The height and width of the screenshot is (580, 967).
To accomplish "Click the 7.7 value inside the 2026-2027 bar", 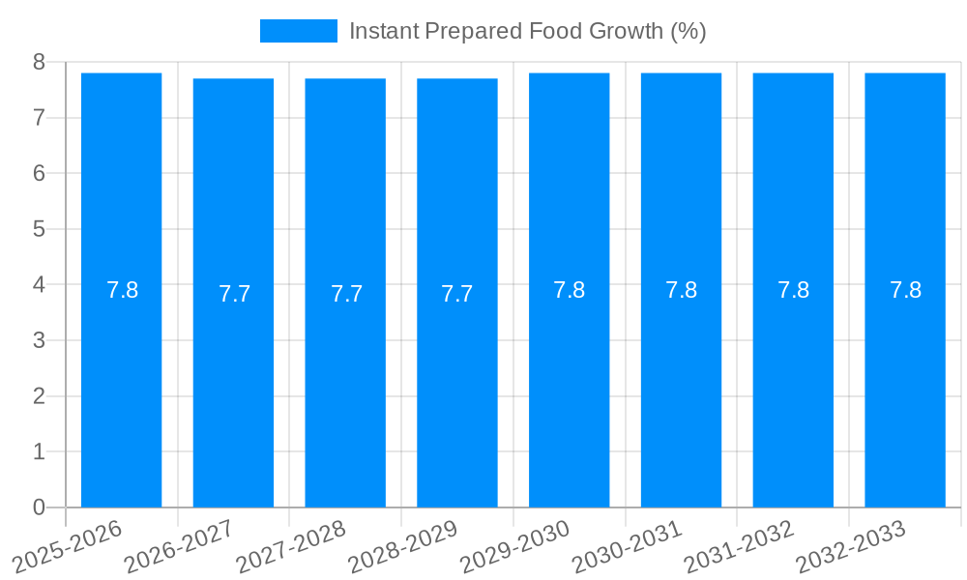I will (x=234, y=294).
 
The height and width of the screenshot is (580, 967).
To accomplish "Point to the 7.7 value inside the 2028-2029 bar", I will (x=457, y=294).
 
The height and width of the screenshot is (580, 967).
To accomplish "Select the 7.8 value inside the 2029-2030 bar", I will (x=569, y=290).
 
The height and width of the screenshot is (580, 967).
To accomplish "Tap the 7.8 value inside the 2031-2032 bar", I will (x=793, y=290).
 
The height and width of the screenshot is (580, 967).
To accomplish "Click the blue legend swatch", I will (x=298, y=31).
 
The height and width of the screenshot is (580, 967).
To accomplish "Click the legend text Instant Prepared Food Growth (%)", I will (x=527, y=31).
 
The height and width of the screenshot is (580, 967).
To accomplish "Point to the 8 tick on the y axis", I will (x=39, y=63).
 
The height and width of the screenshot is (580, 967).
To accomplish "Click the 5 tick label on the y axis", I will (x=39, y=230).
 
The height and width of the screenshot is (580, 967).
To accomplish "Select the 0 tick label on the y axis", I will (x=39, y=507).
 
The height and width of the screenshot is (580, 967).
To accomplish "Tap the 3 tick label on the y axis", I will (x=39, y=341).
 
